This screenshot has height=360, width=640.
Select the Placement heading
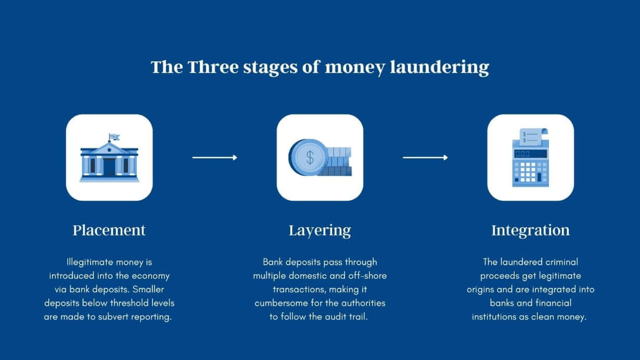tap(109, 230)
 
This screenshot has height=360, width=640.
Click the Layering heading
tap(319, 230)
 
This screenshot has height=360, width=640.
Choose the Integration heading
tap(530, 230)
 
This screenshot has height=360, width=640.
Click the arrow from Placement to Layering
tap(214, 157)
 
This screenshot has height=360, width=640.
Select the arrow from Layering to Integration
tap(425, 157)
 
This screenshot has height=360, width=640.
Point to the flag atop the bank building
tap(114, 137)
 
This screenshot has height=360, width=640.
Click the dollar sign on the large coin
tap(310, 157)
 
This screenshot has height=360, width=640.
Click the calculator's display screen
tap(530, 153)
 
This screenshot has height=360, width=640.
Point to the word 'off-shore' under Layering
tap(367, 276)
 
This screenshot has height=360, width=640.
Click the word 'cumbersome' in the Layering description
tap(279, 303)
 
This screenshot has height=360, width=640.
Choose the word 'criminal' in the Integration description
tap(558, 262)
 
